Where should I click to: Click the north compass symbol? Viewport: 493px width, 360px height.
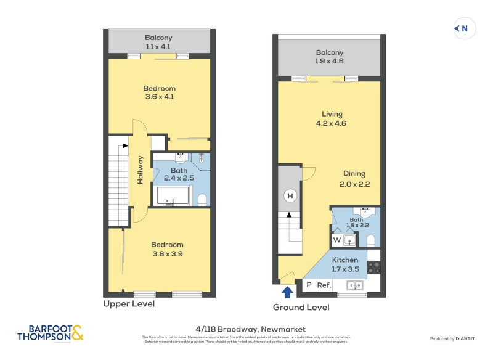[464, 28]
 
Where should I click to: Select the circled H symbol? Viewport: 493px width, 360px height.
[289, 196]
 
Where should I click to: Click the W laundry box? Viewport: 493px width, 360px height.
[337, 240]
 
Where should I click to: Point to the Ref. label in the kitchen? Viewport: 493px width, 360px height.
[324, 285]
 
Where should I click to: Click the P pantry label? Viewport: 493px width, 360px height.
[309, 285]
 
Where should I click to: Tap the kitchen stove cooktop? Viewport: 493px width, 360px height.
[374, 268]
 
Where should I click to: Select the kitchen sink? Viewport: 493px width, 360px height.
[354, 285]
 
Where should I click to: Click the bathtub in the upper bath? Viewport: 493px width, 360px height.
[173, 196]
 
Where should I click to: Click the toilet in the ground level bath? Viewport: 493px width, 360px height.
[371, 240]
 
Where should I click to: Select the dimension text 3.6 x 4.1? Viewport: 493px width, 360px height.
[160, 97]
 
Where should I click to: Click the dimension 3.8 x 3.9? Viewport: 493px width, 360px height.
[168, 253]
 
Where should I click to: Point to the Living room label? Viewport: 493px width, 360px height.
[332, 114]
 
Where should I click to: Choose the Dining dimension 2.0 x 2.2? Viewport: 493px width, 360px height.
[354, 184]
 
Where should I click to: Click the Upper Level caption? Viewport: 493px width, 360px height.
[129, 304]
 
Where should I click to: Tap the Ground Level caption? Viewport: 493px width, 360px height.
[301, 307]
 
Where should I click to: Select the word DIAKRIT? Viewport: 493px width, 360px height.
[469, 339]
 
